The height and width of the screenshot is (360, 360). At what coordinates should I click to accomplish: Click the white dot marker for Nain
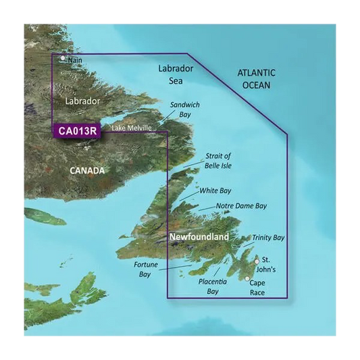[63, 58]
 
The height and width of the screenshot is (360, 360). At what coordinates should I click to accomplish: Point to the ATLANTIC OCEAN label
[257, 79]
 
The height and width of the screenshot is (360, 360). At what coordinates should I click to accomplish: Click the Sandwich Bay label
[185, 110]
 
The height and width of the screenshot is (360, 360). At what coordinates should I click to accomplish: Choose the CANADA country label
[88, 171]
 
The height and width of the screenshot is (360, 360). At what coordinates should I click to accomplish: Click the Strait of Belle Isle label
[217, 160]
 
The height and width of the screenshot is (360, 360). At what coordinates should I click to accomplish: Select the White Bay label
[215, 191]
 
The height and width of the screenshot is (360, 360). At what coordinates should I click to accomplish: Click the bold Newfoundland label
[199, 238]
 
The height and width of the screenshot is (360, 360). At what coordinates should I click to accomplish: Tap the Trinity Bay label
[268, 238]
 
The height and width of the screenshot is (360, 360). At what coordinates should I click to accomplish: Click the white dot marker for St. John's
[257, 261]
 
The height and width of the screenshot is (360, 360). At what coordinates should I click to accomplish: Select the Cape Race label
[257, 288]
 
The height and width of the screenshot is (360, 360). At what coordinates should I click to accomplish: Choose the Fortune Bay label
[145, 269]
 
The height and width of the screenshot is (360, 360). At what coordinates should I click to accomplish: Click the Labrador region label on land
[82, 101]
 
